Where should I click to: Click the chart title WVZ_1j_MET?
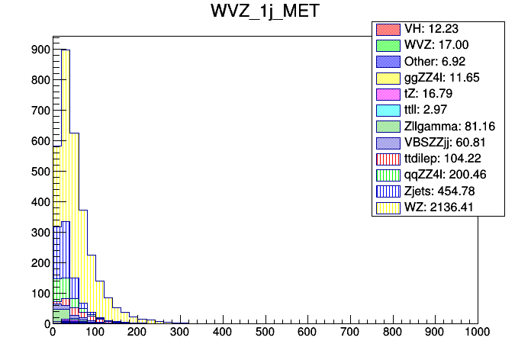tap(265, 12)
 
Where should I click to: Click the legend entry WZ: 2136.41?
tap(441, 207)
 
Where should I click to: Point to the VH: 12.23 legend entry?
tap(430, 30)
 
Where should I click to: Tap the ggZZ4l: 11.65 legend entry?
tap(441, 78)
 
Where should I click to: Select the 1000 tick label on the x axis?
tap(476, 333)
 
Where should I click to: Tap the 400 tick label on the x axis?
tap(222, 333)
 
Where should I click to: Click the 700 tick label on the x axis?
tap(349, 333)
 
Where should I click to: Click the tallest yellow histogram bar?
tap(66, 191)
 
